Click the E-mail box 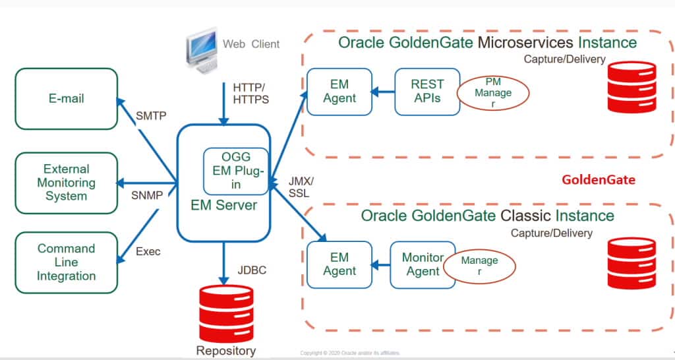point(66,99)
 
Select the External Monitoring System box point(66,183)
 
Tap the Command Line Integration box point(66,262)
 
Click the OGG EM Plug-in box point(236,171)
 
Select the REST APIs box point(427,92)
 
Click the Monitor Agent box point(423,264)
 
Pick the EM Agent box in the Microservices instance point(340,92)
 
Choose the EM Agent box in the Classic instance point(340,264)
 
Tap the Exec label point(148,251)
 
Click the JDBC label point(252,270)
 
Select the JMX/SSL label point(302,187)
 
